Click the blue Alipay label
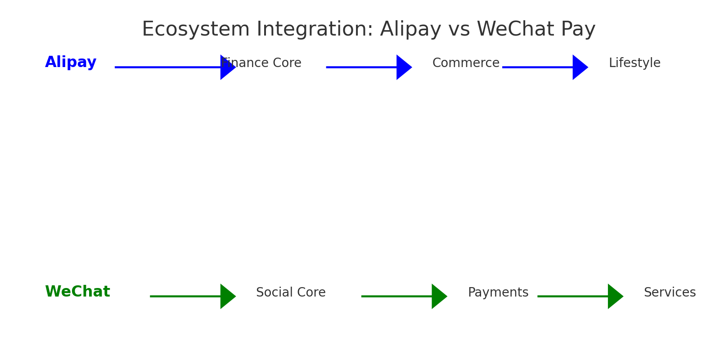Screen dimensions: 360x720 click(71, 63)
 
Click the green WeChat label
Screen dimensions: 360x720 click(77, 292)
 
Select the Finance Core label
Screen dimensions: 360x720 click(261, 63)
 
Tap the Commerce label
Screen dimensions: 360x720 click(466, 63)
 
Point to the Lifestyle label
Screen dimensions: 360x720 click(634, 63)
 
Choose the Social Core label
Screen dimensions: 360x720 click(291, 292)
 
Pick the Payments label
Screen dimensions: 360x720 click(498, 292)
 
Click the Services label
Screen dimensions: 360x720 click(670, 292)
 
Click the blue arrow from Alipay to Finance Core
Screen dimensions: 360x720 click(171, 67)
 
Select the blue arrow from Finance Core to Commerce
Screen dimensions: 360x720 click(364, 67)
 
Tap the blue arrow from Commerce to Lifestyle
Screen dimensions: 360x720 click(540, 67)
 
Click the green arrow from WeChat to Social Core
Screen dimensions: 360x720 click(189, 296)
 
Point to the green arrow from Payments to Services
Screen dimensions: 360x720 click(576, 296)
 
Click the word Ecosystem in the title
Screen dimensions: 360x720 click(196, 30)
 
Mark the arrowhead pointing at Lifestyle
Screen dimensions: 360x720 click(580, 67)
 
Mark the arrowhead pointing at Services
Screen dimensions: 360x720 click(615, 296)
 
